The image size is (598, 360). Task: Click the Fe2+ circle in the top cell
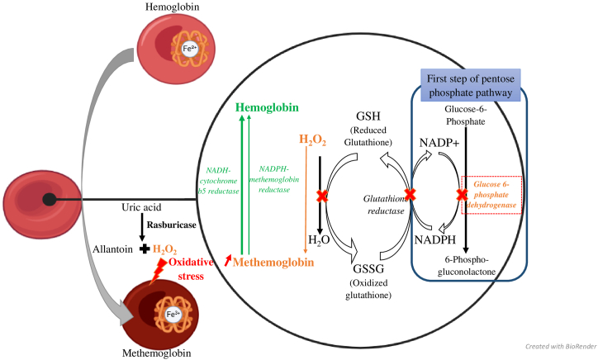click(190, 49)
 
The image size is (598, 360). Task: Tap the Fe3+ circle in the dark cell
click(173, 315)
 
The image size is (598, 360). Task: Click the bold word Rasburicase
click(172, 225)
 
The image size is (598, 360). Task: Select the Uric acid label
click(141, 207)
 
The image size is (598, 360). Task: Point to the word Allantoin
click(113, 249)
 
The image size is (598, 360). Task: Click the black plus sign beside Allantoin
click(145, 249)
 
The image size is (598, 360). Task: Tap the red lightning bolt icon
click(158, 271)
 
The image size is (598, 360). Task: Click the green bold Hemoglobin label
click(267, 107)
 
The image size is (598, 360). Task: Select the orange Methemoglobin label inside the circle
click(273, 263)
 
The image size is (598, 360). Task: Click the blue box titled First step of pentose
click(471, 85)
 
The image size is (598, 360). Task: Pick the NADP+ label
click(439, 143)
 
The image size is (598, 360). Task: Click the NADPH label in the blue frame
click(435, 240)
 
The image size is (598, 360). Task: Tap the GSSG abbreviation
click(368, 269)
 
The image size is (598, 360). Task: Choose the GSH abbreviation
click(368, 116)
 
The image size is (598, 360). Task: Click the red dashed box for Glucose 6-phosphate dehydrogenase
click(491, 195)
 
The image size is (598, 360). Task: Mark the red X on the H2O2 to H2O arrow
click(322, 197)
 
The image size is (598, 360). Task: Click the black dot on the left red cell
click(50, 199)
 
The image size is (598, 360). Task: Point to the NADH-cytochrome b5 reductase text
click(219, 181)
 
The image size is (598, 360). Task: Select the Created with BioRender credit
click(561, 346)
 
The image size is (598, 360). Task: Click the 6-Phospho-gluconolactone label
click(467, 266)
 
